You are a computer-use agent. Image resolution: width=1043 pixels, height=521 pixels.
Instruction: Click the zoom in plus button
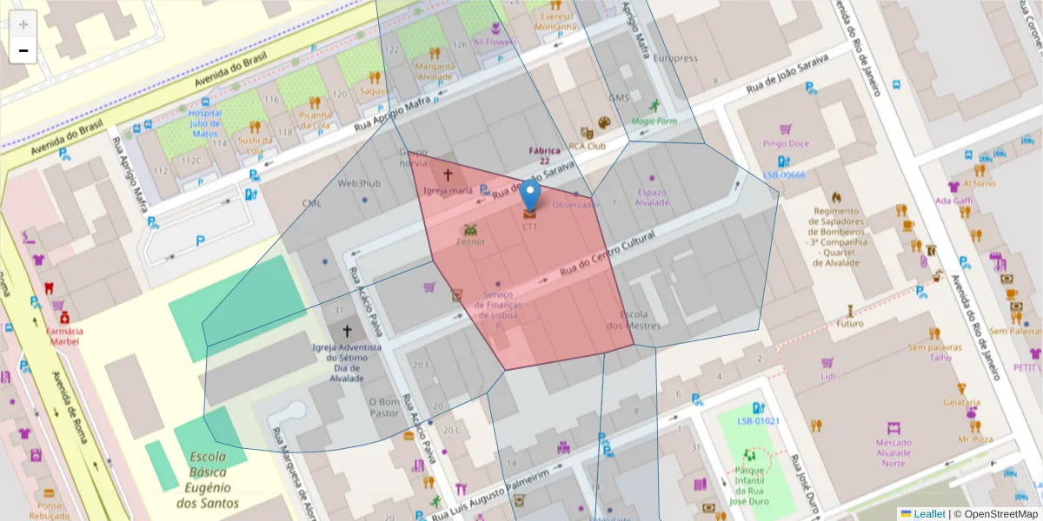(x=23, y=23)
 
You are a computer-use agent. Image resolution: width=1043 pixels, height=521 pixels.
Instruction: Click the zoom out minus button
(x=23, y=50)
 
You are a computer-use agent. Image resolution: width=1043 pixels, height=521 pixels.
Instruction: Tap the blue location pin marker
(x=530, y=197)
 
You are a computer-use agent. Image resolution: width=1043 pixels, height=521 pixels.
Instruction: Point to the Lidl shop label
(x=827, y=375)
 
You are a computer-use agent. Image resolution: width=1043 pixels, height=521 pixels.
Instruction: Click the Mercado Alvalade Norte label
(x=893, y=452)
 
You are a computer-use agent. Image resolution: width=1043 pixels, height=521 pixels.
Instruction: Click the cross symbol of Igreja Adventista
(x=348, y=331)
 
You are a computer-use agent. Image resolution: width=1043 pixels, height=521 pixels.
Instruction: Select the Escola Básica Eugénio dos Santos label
(x=208, y=480)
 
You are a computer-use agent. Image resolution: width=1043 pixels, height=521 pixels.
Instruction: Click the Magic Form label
(x=654, y=121)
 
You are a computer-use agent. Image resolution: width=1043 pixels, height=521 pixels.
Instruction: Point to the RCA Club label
(x=587, y=146)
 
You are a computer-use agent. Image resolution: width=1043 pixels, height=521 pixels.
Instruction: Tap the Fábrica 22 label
(x=544, y=155)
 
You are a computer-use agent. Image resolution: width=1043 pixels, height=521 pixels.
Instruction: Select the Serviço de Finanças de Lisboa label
(x=498, y=305)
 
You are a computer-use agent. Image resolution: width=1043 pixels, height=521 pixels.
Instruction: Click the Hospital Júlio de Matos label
(x=204, y=123)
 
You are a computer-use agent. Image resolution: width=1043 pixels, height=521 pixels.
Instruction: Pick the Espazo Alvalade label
(x=652, y=197)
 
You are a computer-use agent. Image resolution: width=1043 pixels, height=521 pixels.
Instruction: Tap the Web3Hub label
(x=359, y=183)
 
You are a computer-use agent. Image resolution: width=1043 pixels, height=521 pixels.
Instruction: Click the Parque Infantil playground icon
(x=747, y=454)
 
